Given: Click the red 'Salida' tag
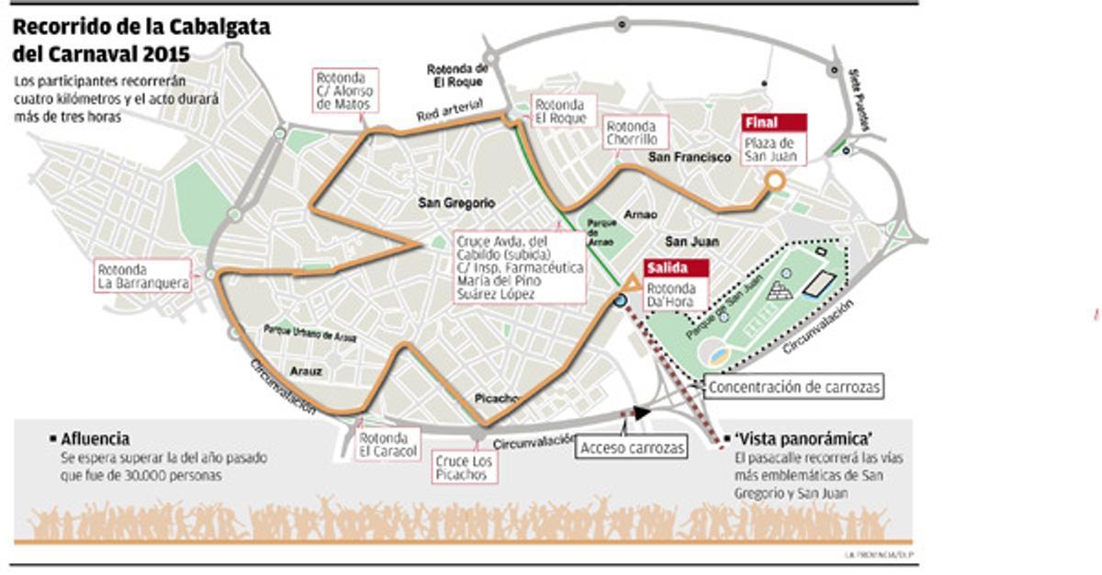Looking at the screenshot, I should (x=676, y=268).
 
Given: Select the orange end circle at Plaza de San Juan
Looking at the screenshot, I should (x=775, y=181).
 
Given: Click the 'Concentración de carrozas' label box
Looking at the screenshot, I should (x=795, y=387).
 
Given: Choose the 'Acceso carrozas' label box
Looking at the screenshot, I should (x=632, y=447).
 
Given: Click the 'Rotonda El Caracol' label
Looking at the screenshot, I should (x=388, y=445).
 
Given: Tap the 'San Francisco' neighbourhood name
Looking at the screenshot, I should (x=690, y=157).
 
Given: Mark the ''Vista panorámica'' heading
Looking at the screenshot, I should (x=803, y=438).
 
